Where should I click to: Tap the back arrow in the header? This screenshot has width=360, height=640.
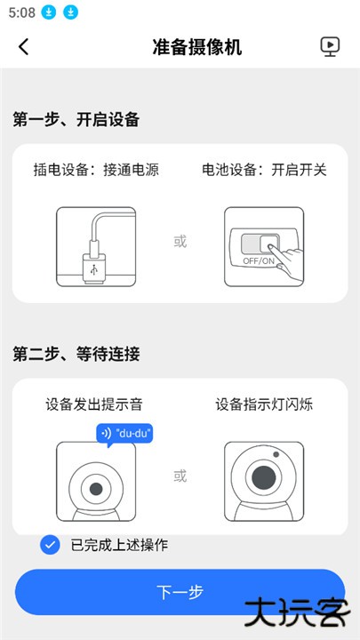pyautogui.click(x=24, y=47)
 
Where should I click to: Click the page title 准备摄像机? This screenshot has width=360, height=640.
pyautogui.click(x=197, y=47)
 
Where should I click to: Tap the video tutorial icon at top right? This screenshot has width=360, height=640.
pyautogui.click(x=330, y=47)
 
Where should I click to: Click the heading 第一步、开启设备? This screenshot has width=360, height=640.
pyautogui.click(x=76, y=119)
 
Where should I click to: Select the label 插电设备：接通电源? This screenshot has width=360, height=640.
pyautogui.click(x=96, y=169)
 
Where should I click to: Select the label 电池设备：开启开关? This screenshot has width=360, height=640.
pyautogui.click(x=264, y=169)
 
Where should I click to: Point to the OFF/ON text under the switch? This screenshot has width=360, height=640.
pyautogui.click(x=259, y=261)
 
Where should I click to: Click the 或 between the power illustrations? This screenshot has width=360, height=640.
pyautogui.click(x=180, y=241)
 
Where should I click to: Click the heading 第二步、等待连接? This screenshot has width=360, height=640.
pyautogui.click(x=76, y=354)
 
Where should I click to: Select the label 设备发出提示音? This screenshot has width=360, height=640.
pyautogui.click(x=94, y=404)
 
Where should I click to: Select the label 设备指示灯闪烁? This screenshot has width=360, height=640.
pyautogui.click(x=264, y=404)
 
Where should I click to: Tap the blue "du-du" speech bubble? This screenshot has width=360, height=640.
pyautogui.click(x=124, y=433)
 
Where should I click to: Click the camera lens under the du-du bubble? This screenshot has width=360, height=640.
pyautogui.click(x=94, y=490)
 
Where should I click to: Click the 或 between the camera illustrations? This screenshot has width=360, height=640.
pyautogui.click(x=180, y=476)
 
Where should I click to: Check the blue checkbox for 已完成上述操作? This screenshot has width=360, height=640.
pyautogui.click(x=51, y=545)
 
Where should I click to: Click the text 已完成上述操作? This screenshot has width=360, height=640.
pyautogui.click(x=119, y=545)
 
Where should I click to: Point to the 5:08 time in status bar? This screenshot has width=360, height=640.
pyautogui.click(x=22, y=12)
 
